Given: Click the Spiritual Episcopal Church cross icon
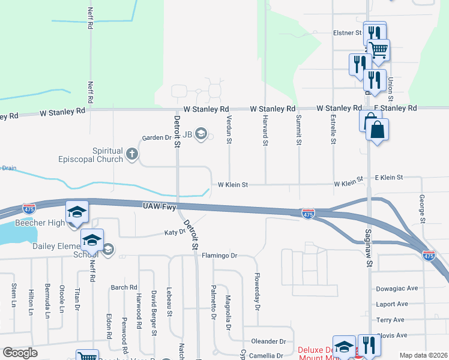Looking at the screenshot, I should (132, 155).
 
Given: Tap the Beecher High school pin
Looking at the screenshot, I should (77, 212).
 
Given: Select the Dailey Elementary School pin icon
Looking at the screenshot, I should (92, 241).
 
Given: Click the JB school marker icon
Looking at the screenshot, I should (201, 134).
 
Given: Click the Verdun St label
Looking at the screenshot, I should (229, 130).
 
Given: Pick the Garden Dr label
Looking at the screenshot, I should (156, 137).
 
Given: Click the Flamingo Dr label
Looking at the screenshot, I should (220, 256).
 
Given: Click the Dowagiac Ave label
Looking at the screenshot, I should (396, 289).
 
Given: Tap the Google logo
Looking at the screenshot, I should (20, 353).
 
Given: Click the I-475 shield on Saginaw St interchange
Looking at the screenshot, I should (308, 214).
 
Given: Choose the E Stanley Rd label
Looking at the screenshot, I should (395, 108).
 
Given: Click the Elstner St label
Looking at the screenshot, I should (347, 34).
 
